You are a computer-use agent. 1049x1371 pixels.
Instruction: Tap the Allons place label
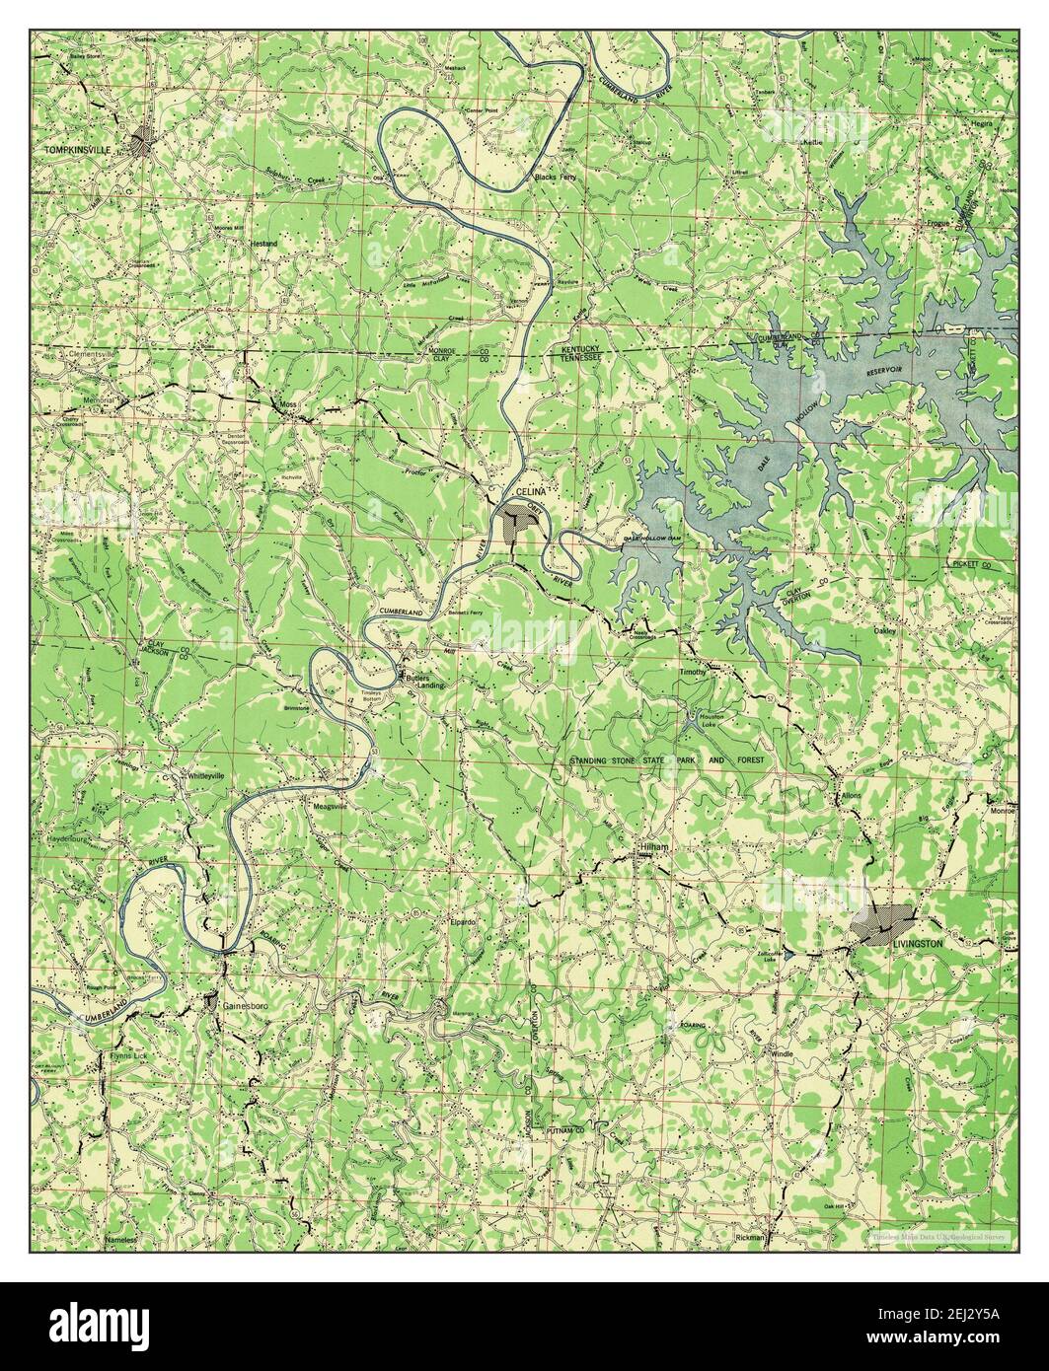(x=852, y=794)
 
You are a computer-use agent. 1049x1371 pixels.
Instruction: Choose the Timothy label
(x=692, y=672)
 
